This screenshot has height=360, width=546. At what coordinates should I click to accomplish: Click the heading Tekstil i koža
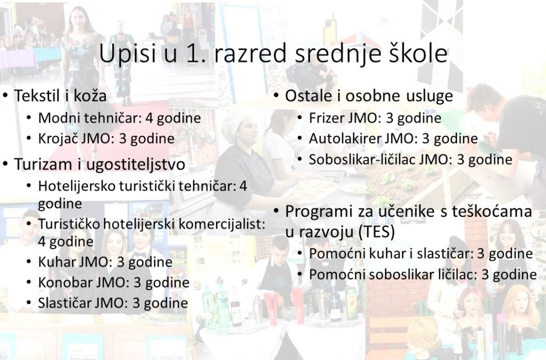tap(60, 95)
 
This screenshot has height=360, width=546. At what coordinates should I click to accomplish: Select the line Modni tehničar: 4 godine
tap(119, 118)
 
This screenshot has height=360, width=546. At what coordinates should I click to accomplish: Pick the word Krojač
tap(58, 139)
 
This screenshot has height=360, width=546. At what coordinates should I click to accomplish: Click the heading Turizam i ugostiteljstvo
tap(99, 164)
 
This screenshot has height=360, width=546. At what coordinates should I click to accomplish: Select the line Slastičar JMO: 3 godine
tap(113, 303)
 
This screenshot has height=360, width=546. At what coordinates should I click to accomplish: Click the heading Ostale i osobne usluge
tap(369, 96)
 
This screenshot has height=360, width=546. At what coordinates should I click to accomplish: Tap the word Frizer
tap(327, 118)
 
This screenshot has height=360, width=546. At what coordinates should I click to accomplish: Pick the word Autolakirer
tap(345, 139)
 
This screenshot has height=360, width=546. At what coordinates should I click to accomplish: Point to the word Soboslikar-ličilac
tap(362, 159)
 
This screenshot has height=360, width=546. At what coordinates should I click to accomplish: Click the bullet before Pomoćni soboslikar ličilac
tap(300, 274)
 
